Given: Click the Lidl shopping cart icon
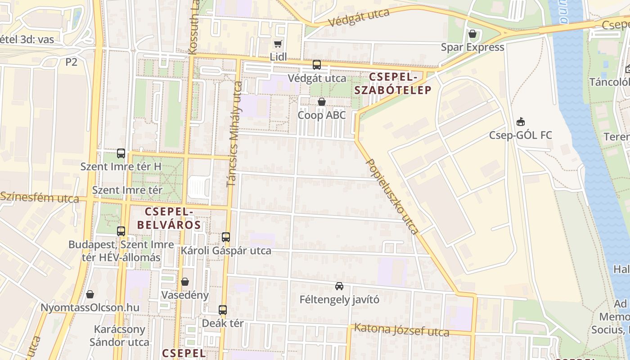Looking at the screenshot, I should pyautogui.click(x=278, y=44).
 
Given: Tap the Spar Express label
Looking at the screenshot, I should pyautogui.click(x=472, y=47).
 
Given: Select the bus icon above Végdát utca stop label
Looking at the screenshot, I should pyautogui.click(x=317, y=65).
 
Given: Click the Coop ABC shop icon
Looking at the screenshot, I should pyautogui.click(x=321, y=102).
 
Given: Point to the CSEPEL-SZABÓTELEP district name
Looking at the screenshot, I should pyautogui.click(x=393, y=84).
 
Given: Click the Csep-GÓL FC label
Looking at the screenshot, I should pyautogui.click(x=520, y=135).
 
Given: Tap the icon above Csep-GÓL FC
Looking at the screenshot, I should pyautogui.click(x=521, y=122).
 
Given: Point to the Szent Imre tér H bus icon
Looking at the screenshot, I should pyautogui.click(x=121, y=153).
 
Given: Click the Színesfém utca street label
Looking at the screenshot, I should pyautogui.click(x=40, y=197).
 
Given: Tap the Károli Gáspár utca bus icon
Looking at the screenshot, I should pyautogui.click(x=226, y=237).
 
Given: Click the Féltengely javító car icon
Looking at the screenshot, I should pyautogui.click(x=339, y=286).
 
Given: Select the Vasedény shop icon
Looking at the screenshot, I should pyautogui.click(x=185, y=282).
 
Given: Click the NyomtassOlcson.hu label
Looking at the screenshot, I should pyautogui.click(x=90, y=308).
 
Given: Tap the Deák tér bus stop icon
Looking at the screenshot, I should pyautogui.click(x=223, y=310).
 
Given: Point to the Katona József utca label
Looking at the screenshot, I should pyautogui.click(x=401, y=330).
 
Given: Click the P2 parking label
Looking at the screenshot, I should pyautogui.click(x=71, y=62).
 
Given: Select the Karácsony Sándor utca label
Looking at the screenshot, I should pyautogui.click(x=119, y=336).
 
